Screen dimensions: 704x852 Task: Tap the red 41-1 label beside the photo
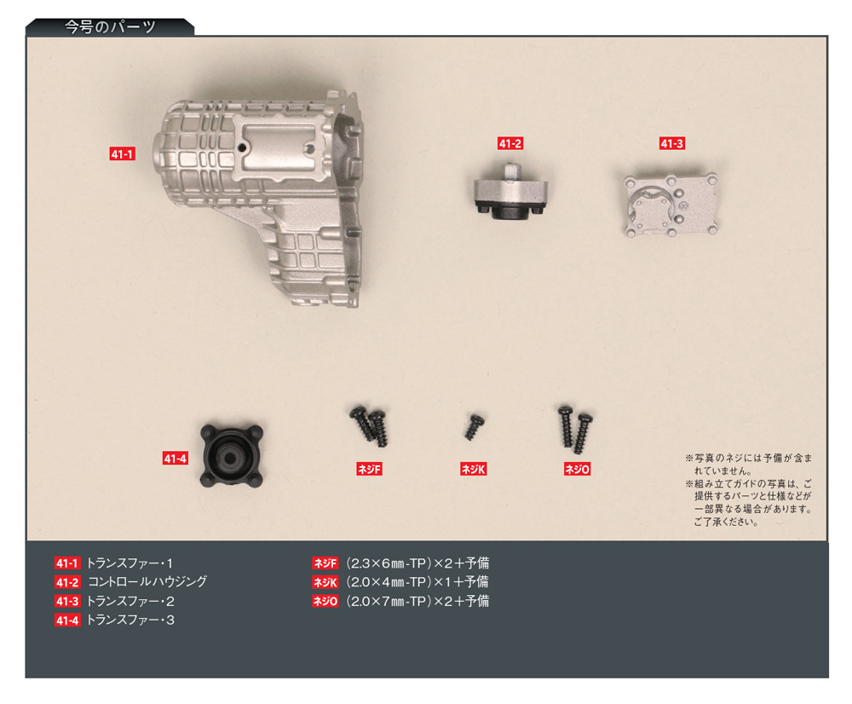click(x=123, y=154)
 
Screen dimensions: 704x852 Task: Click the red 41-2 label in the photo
click(x=509, y=144)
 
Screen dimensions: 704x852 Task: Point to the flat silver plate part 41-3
click(x=670, y=205)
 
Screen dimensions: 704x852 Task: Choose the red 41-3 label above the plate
click(x=671, y=144)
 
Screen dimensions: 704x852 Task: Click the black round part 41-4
click(x=231, y=454)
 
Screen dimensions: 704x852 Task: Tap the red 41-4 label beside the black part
click(x=175, y=459)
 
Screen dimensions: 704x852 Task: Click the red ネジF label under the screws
click(x=369, y=469)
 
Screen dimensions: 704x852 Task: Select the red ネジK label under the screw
click(x=473, y=469)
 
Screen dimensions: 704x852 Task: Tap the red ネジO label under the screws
click(x=577, y=469)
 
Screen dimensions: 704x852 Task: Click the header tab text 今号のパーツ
click(x=111, y=26)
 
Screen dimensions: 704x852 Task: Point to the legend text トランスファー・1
click(x=130, y=563)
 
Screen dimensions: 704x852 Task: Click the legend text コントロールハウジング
click(x=147, y=582)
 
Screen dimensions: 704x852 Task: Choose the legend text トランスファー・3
click(x=130, y=620)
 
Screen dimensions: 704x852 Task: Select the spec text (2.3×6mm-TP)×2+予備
click(x=417, y=563)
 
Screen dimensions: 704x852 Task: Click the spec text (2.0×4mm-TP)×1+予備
click(x=417, y=582)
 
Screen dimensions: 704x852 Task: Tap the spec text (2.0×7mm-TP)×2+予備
click(x=417, y=601)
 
